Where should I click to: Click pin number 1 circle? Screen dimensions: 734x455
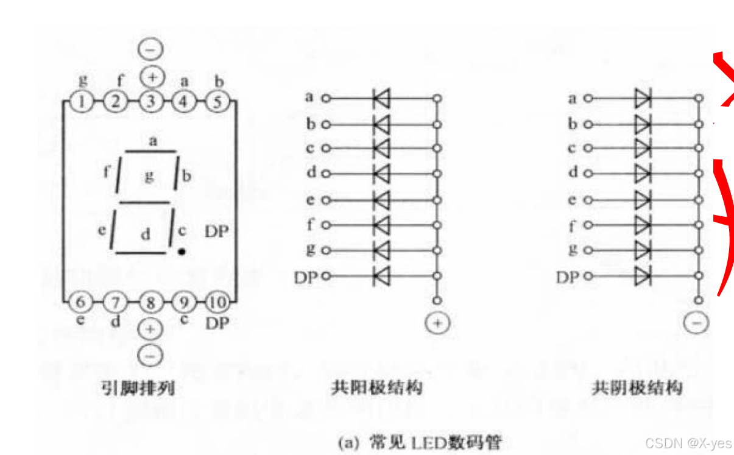tap(82, 101)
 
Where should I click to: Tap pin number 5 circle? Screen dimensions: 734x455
tap(216, 101)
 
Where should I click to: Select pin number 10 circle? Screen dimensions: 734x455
tap(217, 302)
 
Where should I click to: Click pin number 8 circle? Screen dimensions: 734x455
tap(150, 302)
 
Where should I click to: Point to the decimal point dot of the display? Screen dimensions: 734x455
tap(182, 250)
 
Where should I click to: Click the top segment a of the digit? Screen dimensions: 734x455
tap(151, 151)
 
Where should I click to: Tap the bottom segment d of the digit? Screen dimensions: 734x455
tap(141, 252)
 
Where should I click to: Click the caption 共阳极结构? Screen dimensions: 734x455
tap(376, 387)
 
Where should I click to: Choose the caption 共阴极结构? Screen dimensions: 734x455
tap(637, 387)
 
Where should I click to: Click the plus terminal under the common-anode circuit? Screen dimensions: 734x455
tap(437, 323)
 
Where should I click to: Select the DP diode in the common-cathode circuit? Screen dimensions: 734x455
tap(643, 276)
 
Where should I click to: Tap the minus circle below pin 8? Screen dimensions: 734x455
tap(150, 353)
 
